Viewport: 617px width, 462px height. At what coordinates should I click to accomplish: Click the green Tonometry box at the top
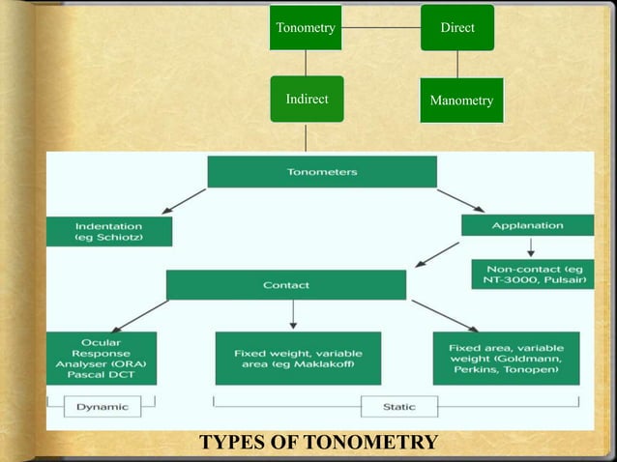pyautogui.click(x=306, y=28)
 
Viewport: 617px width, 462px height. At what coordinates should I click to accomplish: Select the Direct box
pyautogui.click(x=457, y=28)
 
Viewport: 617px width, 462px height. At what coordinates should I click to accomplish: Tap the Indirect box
pyautogui.click(x=307, y=99)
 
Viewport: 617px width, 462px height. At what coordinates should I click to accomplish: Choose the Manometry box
pyautogui.click(x=461, y=101)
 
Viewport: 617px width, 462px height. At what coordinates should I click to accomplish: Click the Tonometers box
pyautogui.click(x=322, y=172)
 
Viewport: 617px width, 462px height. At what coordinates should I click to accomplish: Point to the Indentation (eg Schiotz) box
pyautogui.click(x=109, y=231)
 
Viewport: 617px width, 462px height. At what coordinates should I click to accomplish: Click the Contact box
pyautogui.click(x=286, y=285)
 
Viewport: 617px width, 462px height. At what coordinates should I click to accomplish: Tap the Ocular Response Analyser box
pyautogui.click(x=102, y=358)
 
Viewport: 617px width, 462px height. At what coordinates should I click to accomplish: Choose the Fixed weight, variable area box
pyautogui.click(x=297, y=359)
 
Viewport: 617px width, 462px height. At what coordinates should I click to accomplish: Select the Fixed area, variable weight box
pyautogui.click(x=507, y=357)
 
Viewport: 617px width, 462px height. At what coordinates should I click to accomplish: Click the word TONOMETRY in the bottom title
pyautogui.click(x=370, y=444)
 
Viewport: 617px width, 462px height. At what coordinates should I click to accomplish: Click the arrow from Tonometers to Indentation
pyautogui.click(x=184, y=202)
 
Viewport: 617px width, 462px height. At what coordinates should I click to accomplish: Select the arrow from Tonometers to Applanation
pyautogui.click(x=461, y=200)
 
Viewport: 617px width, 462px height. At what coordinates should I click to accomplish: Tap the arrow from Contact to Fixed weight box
pyautogui.click(x=293, y=315)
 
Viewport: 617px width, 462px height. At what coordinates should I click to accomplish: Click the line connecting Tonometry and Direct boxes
pyautogui.click(x=382, y=28)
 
